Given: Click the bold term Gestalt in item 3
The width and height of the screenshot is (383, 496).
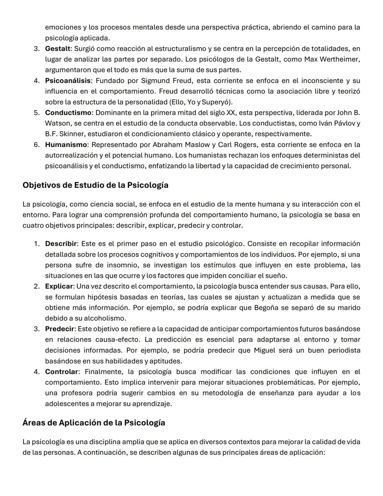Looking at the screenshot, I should tap(57, 49).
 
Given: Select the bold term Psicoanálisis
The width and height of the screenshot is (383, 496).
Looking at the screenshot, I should tap(67, 81).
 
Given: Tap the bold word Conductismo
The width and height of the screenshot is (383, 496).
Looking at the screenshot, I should tap(68, 113).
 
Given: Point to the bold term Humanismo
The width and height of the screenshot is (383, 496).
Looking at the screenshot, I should tap(66, 145).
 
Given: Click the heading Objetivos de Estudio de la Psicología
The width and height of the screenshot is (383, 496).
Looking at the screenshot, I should tap(95, 185).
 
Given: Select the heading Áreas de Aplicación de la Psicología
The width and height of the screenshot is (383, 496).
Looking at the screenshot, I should tap(94, 423).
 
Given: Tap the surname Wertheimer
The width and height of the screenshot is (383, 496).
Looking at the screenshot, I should tap(339, 59).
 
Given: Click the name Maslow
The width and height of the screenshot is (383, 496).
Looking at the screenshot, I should tap(196, 145).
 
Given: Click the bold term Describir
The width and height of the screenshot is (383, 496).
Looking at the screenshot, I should tap(61, 244).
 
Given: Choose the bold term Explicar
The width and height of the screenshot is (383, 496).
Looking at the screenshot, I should tap(59, 286).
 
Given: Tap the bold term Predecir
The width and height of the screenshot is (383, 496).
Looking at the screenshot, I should tap(59, 329).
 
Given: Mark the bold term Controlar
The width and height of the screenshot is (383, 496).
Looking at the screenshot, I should tap(61, 372).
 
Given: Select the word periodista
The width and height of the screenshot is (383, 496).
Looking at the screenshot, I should tap(344, 350).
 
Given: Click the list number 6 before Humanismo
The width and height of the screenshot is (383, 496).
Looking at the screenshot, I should tap(37, 145).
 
